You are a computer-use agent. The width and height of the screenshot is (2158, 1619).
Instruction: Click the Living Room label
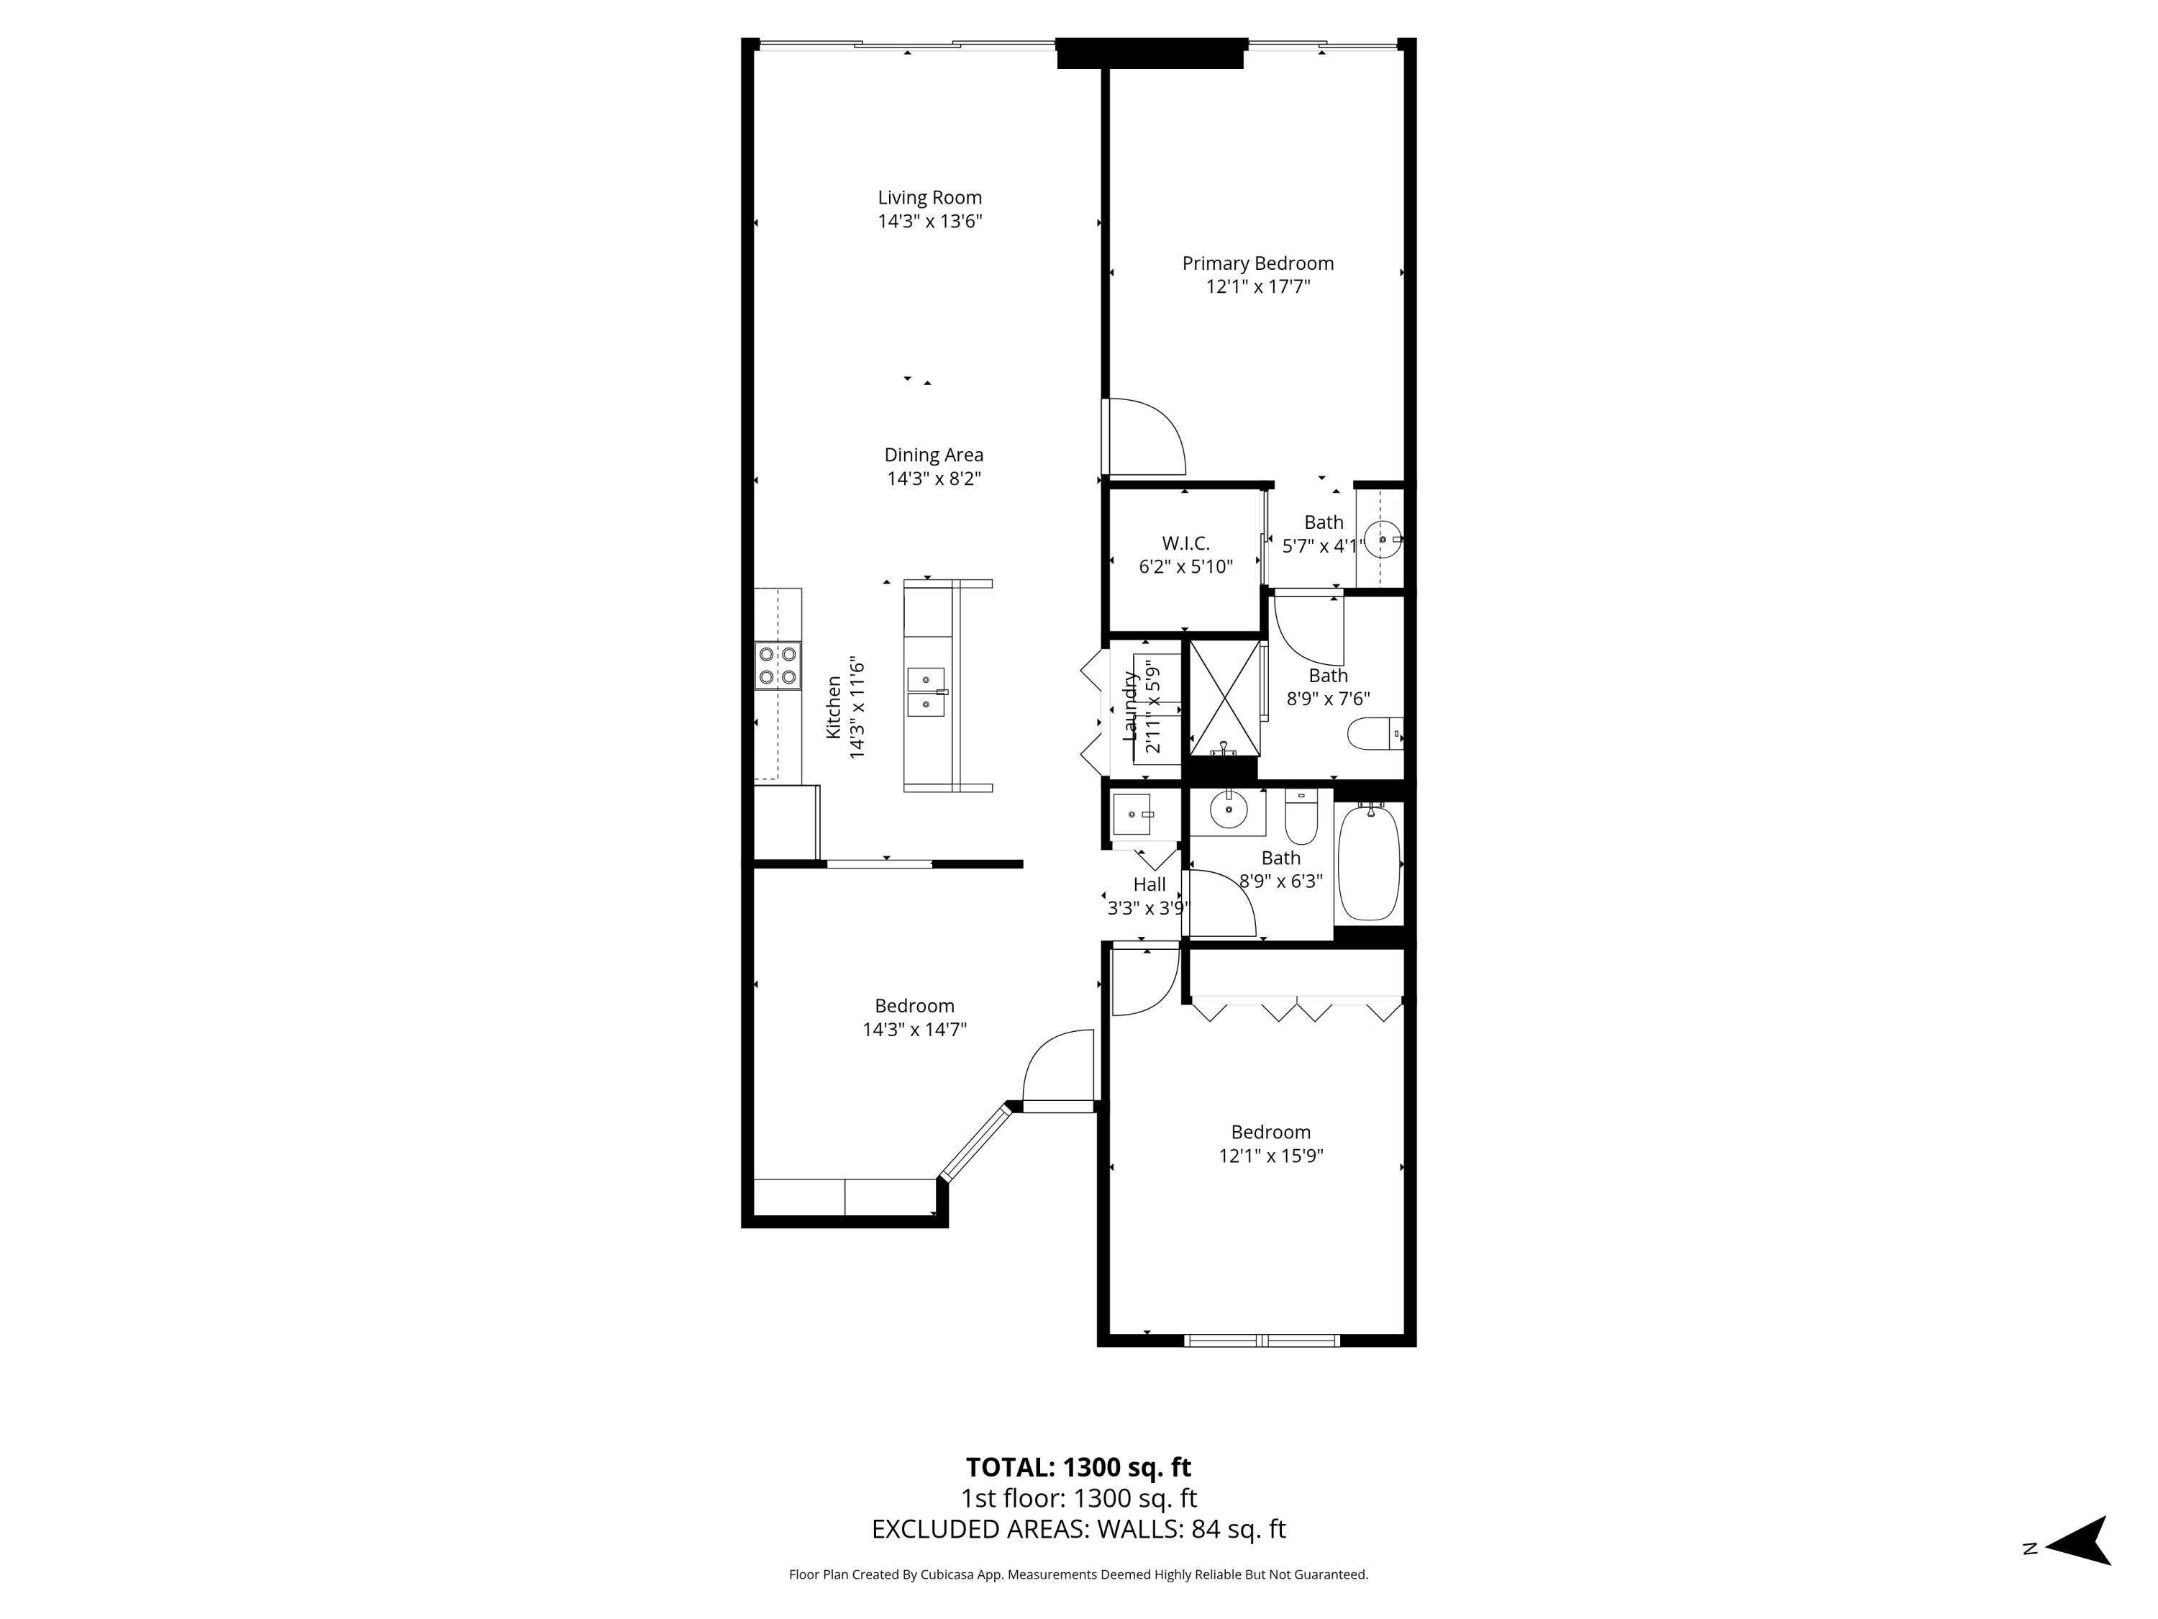pos(929,198)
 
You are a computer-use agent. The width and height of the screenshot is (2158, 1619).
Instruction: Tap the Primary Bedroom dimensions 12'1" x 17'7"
pos(1257,287)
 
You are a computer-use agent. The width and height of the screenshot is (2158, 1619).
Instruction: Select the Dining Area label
pos(934,455)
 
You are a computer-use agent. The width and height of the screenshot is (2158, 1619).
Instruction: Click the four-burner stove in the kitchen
pos(778,666)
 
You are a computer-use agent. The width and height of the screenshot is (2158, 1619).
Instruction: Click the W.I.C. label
pos(1185,543)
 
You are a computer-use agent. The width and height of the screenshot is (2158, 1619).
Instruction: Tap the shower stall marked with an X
pos(1224,699)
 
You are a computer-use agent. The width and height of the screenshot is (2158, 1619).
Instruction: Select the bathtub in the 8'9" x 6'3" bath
pos(1369,863)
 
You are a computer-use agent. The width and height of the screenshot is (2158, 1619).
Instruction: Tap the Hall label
pos(1149,885)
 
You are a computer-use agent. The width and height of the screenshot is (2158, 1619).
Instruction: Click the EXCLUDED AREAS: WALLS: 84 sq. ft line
pos(1078,1529)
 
